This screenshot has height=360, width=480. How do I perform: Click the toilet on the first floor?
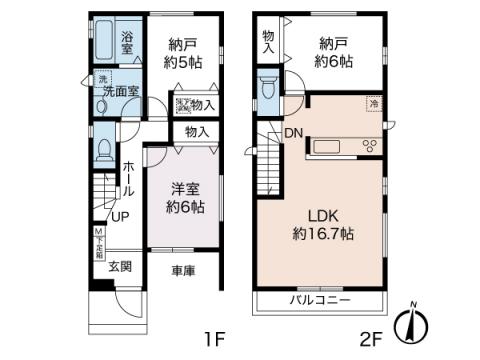click(x=105, y=147)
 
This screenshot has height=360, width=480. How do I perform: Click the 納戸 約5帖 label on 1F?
click(x=184, y=52)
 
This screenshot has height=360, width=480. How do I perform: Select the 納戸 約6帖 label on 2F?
click(x=337, y=52)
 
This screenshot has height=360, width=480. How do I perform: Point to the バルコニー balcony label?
click(x=320, y=299)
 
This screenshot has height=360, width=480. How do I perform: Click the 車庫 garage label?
click(x=183, y=270)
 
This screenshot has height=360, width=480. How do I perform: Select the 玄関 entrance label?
click(x=120, y=266)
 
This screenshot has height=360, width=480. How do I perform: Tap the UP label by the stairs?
click(x=118, y=216)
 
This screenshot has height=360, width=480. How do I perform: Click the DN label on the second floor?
click(x=294, y=133)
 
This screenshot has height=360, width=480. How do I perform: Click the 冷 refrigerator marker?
click(x=372, y=103)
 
